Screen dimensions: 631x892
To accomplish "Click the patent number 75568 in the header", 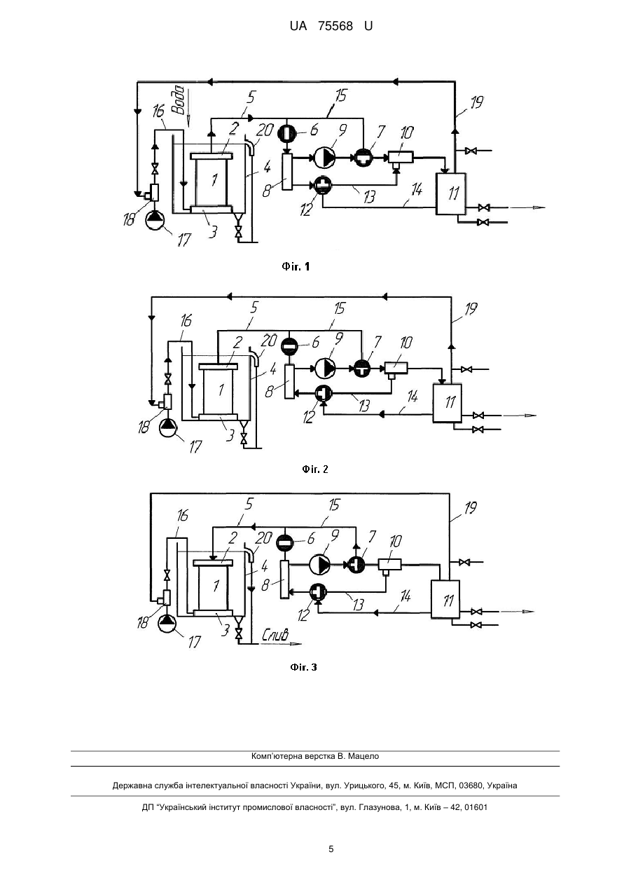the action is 335,27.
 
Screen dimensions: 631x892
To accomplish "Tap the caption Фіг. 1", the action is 296,267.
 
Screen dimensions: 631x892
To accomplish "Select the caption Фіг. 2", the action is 315,469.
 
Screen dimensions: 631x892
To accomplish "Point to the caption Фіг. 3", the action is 303,667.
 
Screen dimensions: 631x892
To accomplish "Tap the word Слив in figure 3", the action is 275,634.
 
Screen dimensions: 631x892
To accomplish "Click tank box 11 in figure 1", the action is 451,193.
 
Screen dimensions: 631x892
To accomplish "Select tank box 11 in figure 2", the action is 447,403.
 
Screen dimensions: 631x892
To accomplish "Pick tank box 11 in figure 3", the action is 445,599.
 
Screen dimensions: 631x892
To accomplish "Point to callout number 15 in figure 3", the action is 333,505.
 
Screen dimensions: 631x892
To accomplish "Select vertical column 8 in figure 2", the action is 289,382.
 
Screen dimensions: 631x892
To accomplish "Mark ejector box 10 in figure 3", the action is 390,564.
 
